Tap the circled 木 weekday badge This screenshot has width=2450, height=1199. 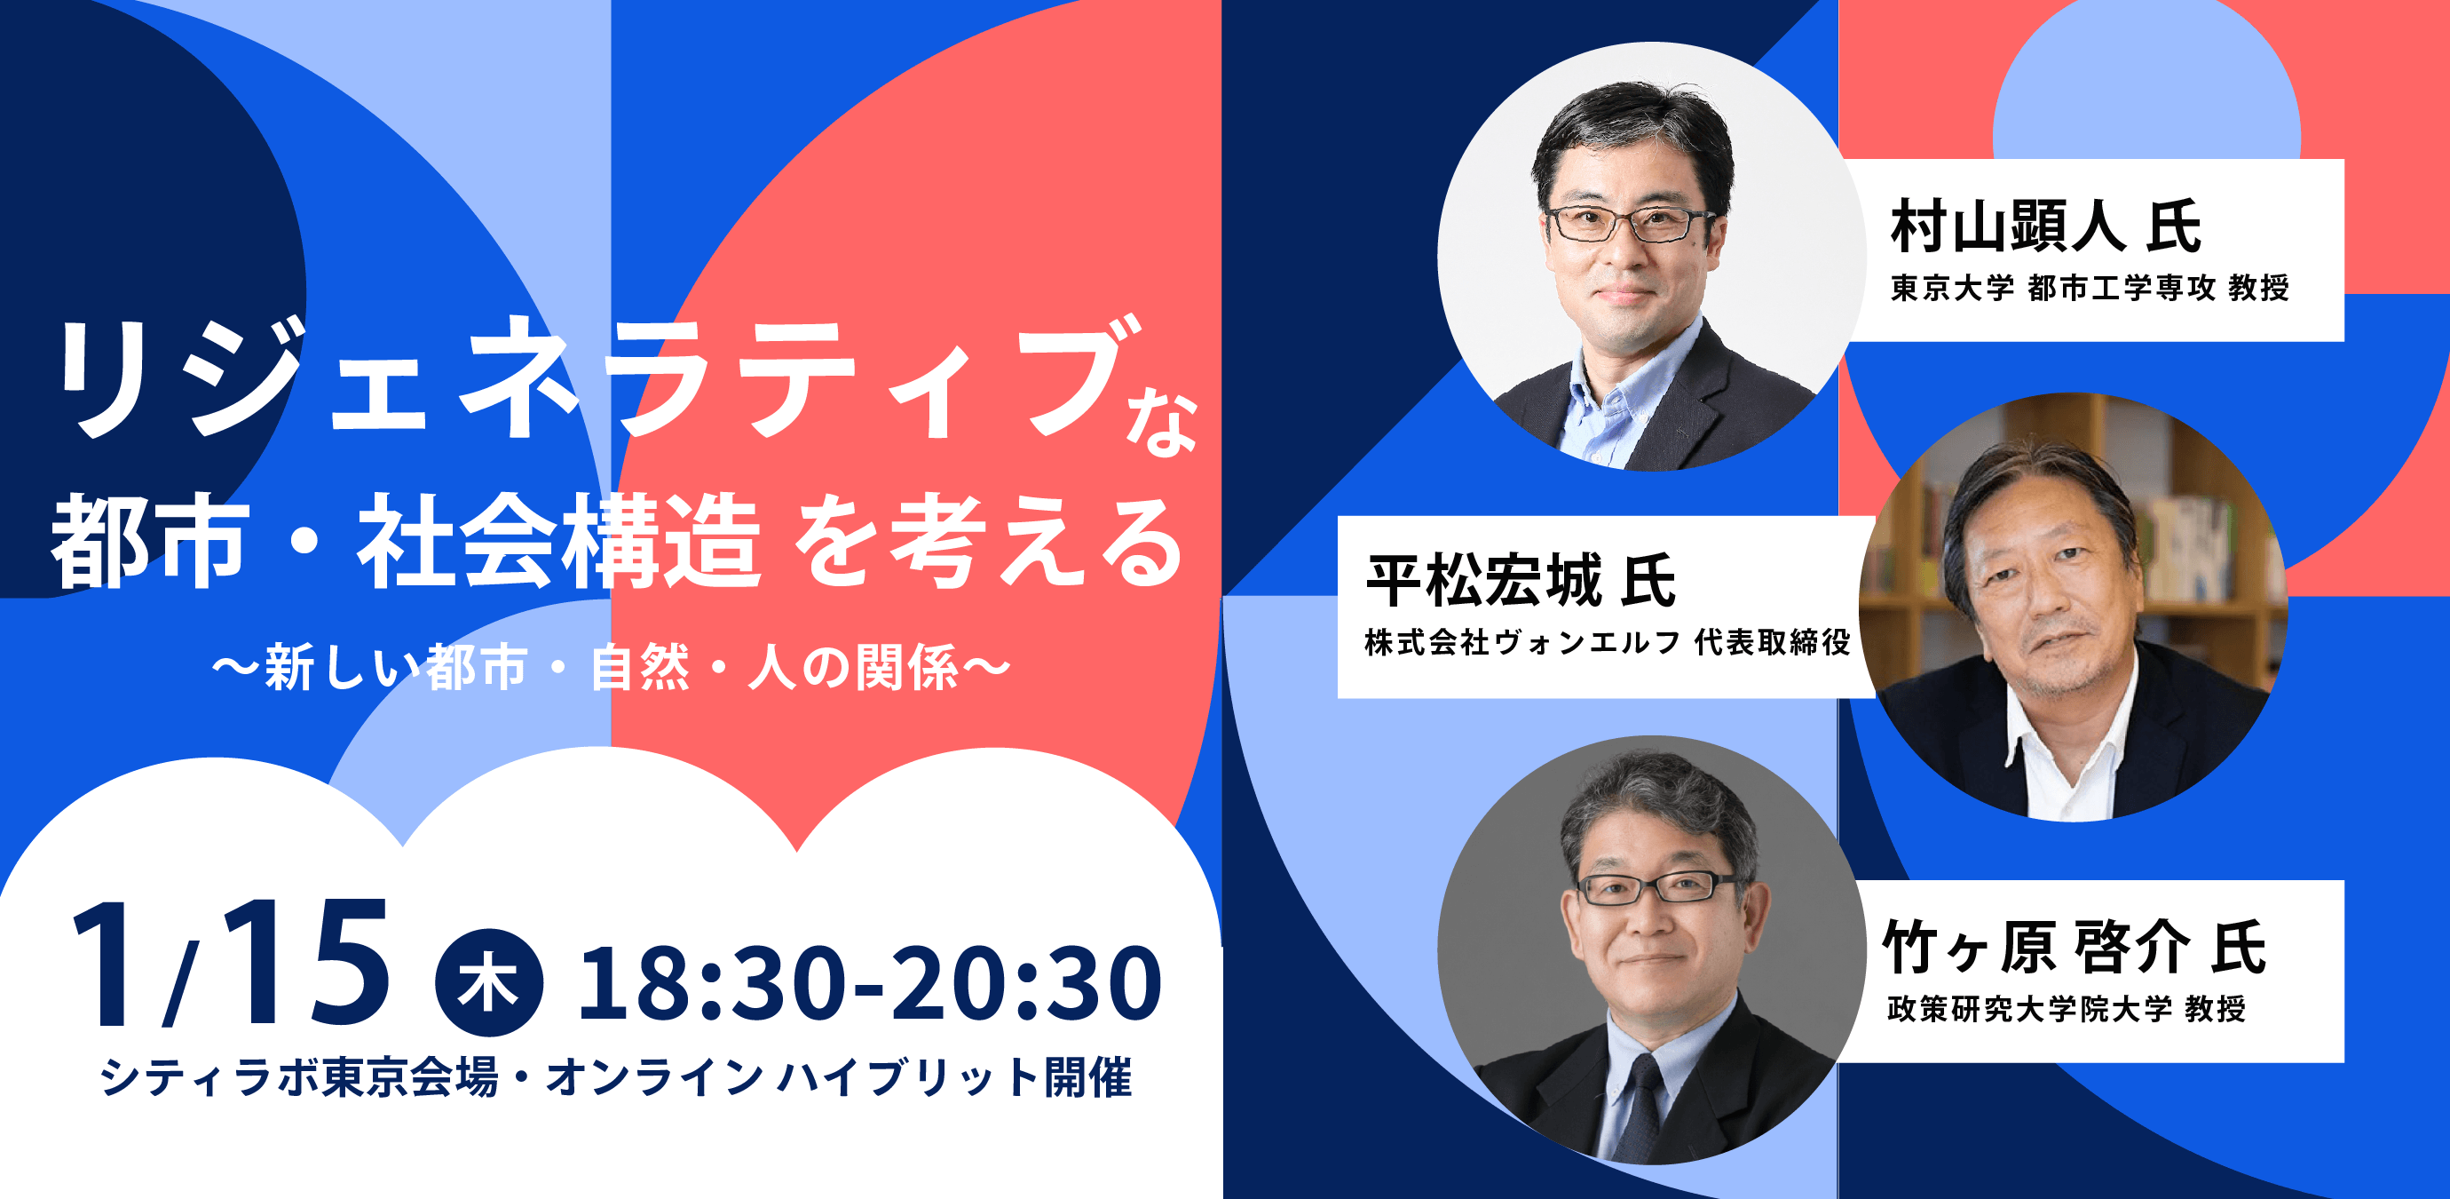(489, 982)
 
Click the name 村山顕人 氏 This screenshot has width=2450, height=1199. (2046, 226)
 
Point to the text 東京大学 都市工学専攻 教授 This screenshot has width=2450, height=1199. (2090, 288)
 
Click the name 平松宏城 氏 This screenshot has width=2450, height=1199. (1521, 581)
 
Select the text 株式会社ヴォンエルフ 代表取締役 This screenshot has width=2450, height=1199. (1608, 642)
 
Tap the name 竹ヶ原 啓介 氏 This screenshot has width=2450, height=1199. (2075, 947)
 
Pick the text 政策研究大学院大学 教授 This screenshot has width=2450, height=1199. (2067, 1009)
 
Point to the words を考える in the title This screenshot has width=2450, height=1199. (989, 542)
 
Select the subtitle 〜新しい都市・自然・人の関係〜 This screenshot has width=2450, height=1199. (611, 667)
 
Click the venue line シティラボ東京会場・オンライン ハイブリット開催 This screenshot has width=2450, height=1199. (616, 1077)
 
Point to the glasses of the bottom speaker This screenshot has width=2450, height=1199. (1656, 889)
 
